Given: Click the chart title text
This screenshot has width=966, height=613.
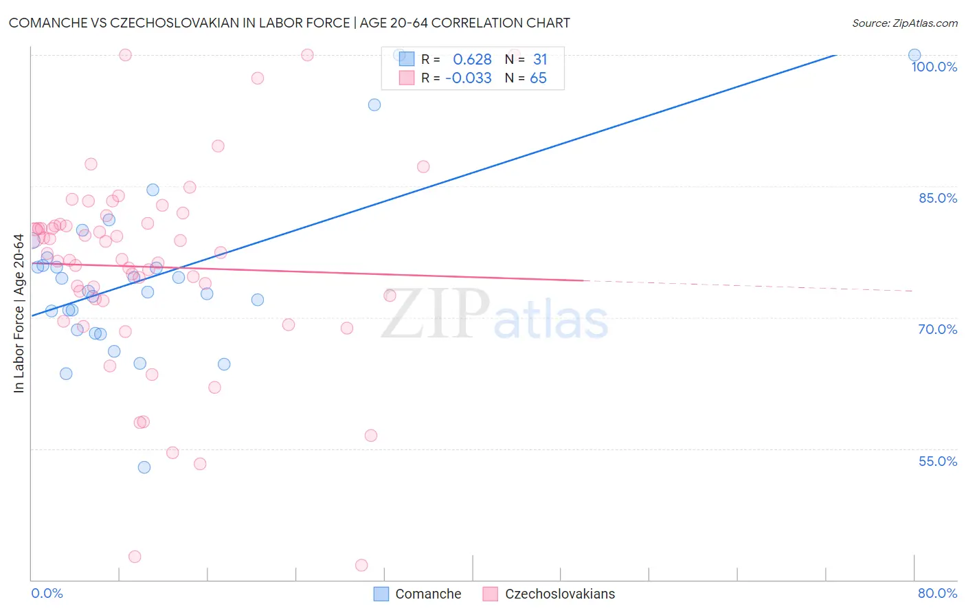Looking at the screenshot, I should pos(289,23).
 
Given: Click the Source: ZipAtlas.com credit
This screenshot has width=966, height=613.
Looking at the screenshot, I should pos(904,23).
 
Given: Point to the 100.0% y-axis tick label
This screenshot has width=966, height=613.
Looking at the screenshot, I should pos(934,67).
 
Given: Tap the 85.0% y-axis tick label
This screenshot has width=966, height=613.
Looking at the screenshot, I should pos(938,198).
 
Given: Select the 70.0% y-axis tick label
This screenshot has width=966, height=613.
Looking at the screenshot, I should pos(938,329).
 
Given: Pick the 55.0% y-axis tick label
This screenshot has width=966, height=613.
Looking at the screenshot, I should pos(938,461).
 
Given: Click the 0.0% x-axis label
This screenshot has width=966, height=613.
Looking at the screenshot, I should pos(47,593).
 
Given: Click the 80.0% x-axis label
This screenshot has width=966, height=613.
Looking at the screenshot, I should pos(937,593).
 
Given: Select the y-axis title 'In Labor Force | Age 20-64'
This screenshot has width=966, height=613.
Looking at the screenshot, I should pos(19,313).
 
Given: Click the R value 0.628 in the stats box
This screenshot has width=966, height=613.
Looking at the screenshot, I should pos(472,60).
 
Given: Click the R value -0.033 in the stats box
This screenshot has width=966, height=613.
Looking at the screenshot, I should pos(469,78).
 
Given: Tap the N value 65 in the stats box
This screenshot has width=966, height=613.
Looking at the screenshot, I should pos(538,78).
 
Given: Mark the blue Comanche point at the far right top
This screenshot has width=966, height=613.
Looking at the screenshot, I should pos(914,55).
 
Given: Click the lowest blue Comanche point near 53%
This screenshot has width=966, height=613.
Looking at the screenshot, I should pos(144,467).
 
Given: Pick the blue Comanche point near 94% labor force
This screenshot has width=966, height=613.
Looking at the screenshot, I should pos(374,105).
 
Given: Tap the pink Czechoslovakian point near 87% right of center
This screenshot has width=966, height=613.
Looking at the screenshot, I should pos(423,167).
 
